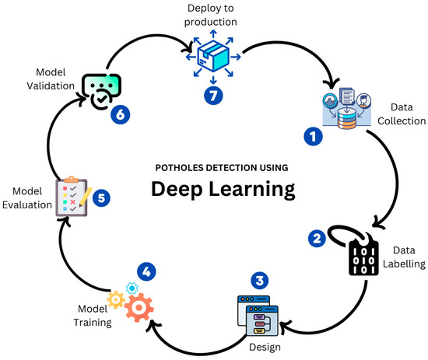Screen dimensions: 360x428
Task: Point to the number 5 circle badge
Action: coord(100,197)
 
